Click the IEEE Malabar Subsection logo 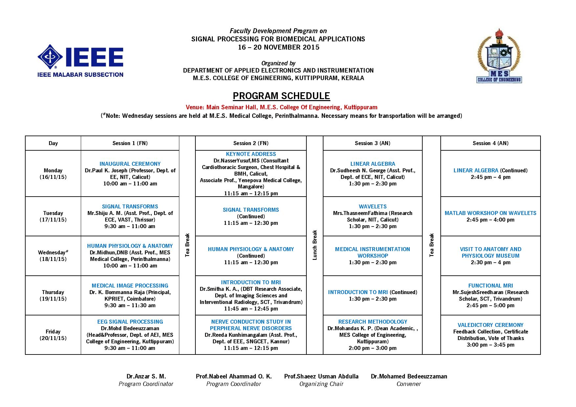80,61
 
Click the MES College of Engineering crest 499,56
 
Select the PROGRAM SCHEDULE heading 281,96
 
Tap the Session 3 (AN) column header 372,143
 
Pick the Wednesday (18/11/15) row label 53,256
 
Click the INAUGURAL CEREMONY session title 130,164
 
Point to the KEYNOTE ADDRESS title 251,154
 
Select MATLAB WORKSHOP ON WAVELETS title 490,213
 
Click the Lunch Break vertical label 315,245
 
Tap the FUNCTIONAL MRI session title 490,286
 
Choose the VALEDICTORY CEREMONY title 490,325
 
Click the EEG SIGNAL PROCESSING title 130,322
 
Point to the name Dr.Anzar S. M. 146,376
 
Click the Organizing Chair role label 321,384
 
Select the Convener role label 409,384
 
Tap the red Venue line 281,107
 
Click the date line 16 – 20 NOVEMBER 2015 278,47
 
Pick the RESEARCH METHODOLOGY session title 372,322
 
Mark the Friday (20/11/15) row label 53,335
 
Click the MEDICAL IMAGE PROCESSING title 130,286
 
